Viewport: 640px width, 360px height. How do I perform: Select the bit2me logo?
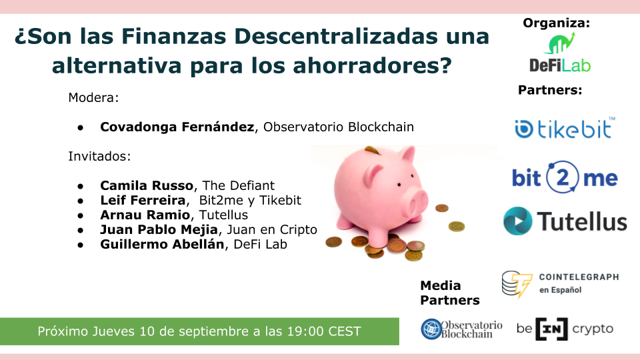(565, 177)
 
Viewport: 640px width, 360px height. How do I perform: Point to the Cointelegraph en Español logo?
(560, 283)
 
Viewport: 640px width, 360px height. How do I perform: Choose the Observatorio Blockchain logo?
(461, 329)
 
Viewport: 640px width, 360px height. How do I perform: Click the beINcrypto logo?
(565, 329)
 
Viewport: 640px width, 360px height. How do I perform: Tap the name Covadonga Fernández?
(177, 127)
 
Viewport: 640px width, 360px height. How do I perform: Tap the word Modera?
(93, 97)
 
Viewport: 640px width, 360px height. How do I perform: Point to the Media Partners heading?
(449, 293)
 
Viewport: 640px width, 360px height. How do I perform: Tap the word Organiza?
(556, 23)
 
